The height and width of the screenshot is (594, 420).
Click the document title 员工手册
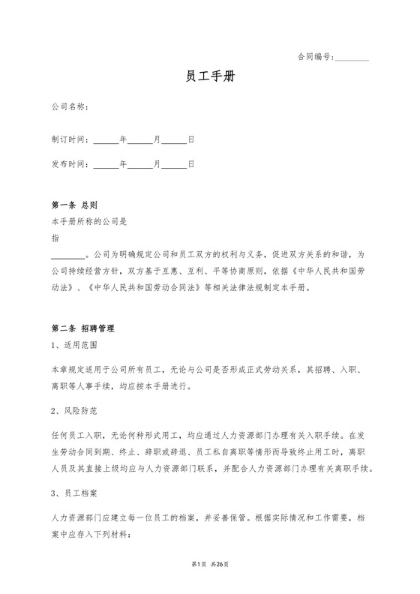[210, 77]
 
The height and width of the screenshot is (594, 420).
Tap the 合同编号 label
[315, 56]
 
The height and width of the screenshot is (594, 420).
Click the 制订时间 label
[70, 140]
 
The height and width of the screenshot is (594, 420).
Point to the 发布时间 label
[70, 164]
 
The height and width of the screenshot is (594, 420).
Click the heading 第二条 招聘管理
[82, 328]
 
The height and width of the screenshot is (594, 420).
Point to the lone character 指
[55, 237]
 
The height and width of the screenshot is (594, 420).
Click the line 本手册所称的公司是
[89, 222]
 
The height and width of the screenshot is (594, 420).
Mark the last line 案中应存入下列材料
[90, 534]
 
